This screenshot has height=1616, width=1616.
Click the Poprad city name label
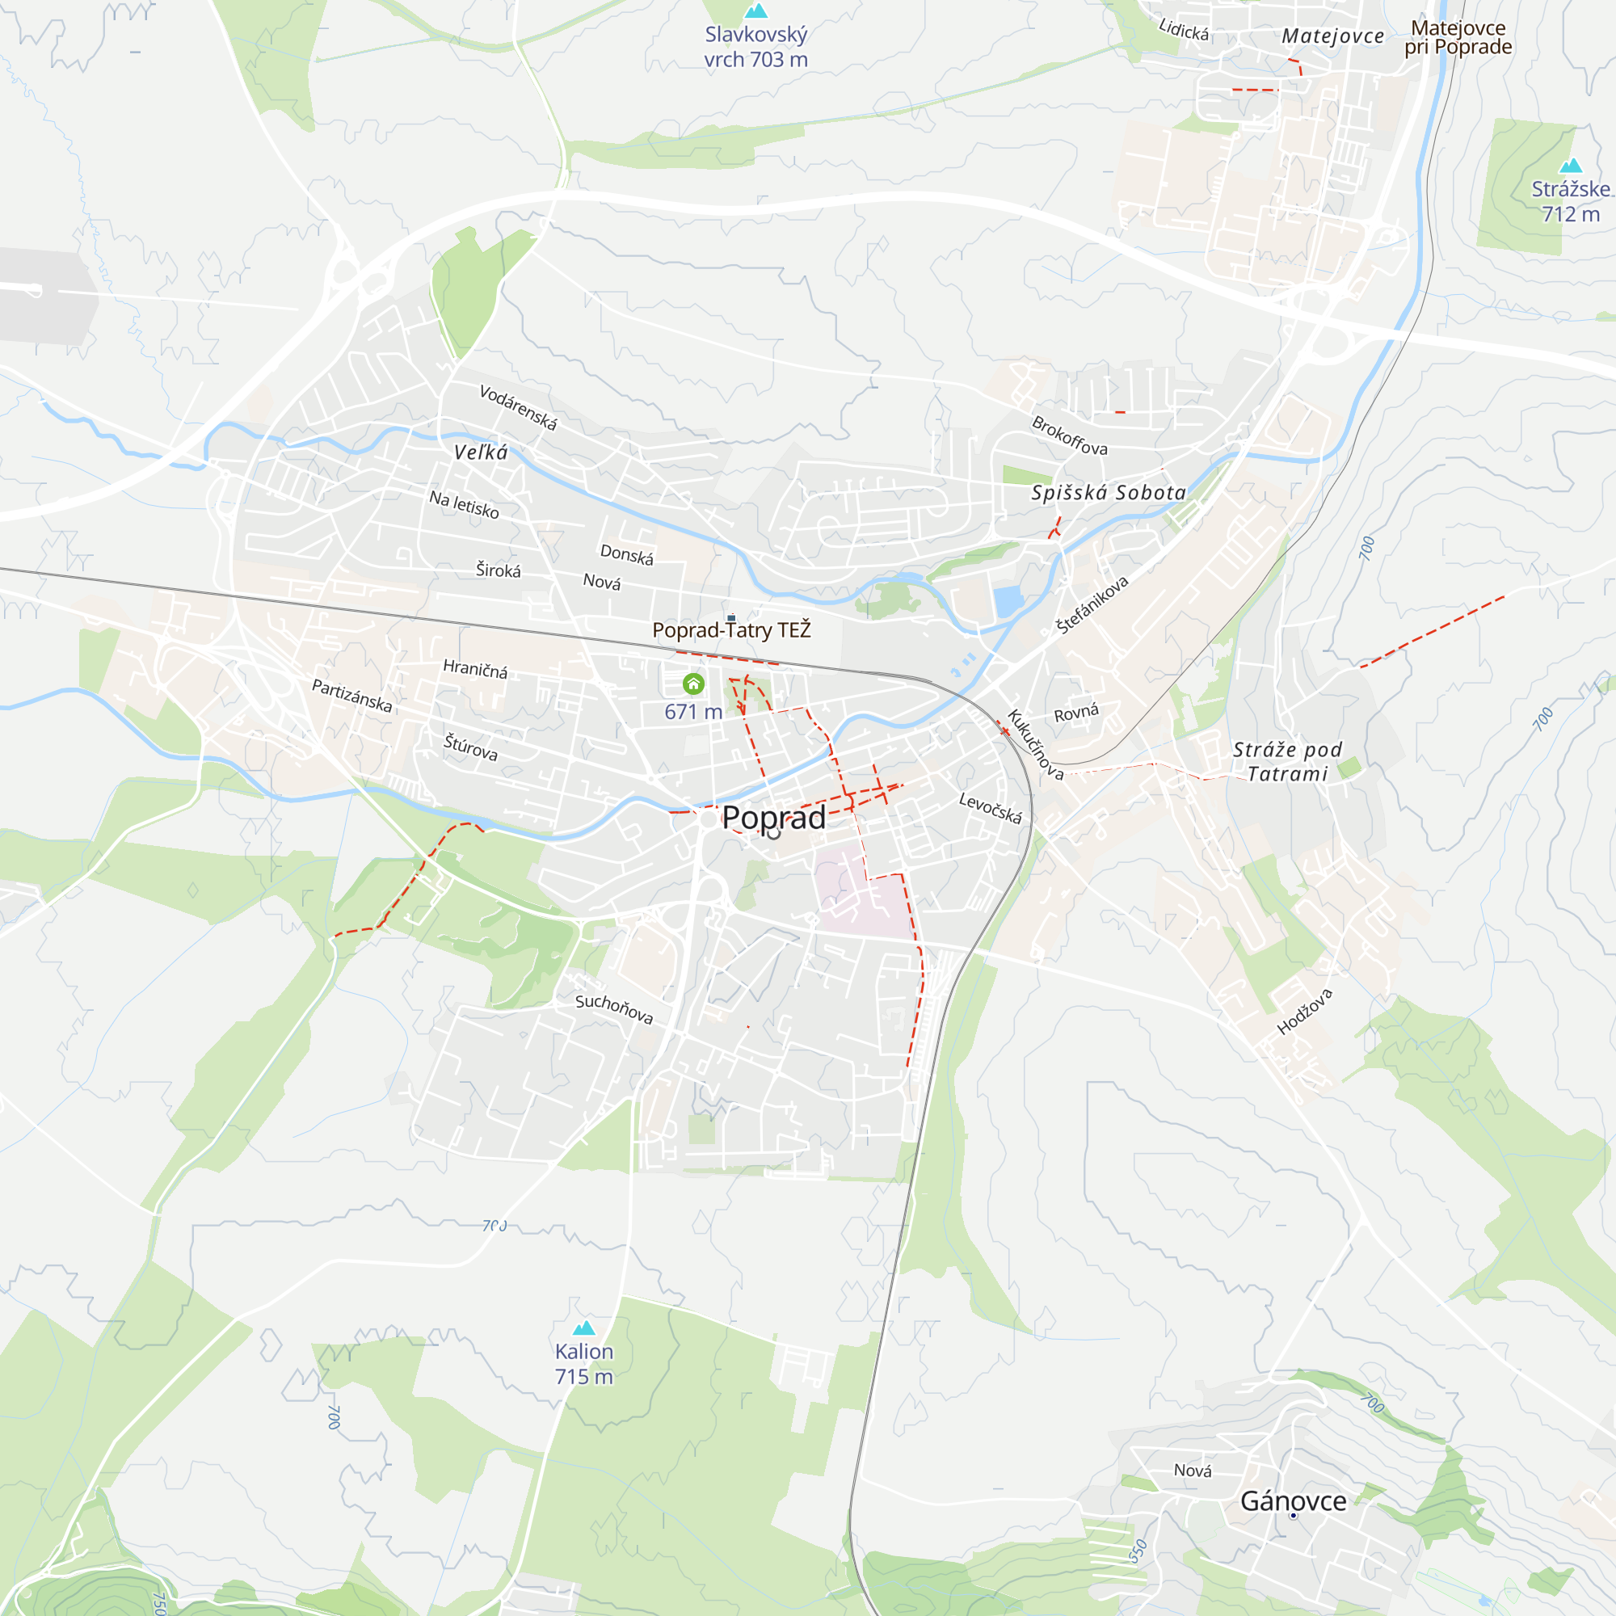(773, 817)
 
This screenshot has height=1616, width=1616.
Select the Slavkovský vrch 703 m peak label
(755, 47)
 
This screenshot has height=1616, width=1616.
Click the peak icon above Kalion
(584, 1328)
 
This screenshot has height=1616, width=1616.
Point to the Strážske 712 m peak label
(1570, 201)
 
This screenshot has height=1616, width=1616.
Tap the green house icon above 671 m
(692, 684)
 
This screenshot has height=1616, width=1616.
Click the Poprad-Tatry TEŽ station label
(731, 630)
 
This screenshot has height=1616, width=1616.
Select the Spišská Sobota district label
(1109, 493)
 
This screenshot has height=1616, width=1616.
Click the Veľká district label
(480, 452)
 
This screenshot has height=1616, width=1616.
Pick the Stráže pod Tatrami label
(1287, 761)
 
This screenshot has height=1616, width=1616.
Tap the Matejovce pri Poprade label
(1458, 38)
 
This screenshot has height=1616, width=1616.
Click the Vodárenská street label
(518, 407)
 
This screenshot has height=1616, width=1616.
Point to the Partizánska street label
(351, 695)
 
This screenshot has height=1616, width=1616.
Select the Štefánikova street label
(1092, 604)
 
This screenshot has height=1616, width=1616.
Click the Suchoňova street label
(613, 1008)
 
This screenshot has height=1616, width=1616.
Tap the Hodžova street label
(1304, 1012)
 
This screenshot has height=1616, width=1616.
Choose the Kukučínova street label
(1035, 744)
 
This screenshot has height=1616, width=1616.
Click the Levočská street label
(990, 808)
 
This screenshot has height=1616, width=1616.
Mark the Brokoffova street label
(1069, 436)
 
